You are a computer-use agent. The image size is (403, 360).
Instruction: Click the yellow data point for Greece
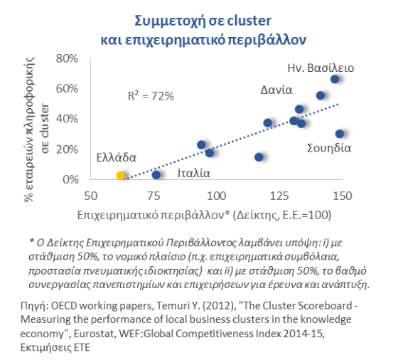121,176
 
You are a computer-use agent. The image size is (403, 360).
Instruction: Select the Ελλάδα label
116,158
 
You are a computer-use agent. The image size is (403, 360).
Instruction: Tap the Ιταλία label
194,173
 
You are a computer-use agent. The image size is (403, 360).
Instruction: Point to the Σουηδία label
329,148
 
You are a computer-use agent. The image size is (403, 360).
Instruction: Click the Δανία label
276,90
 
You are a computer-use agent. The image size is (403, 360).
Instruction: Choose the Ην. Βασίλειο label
321,68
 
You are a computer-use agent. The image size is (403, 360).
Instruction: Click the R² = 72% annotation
151,96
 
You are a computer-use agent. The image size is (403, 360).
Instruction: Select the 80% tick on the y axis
67,58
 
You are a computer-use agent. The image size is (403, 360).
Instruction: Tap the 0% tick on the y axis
70,179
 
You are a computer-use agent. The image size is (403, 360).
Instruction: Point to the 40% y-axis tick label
67,119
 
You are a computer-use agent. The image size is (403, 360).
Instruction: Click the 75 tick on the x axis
154,196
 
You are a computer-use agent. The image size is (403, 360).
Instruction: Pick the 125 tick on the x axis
279,196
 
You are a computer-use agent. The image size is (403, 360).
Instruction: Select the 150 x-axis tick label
343,196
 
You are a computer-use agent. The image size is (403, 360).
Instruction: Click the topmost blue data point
335,79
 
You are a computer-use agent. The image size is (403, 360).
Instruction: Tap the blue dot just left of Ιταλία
156,175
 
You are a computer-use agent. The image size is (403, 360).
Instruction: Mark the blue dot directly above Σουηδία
340,134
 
